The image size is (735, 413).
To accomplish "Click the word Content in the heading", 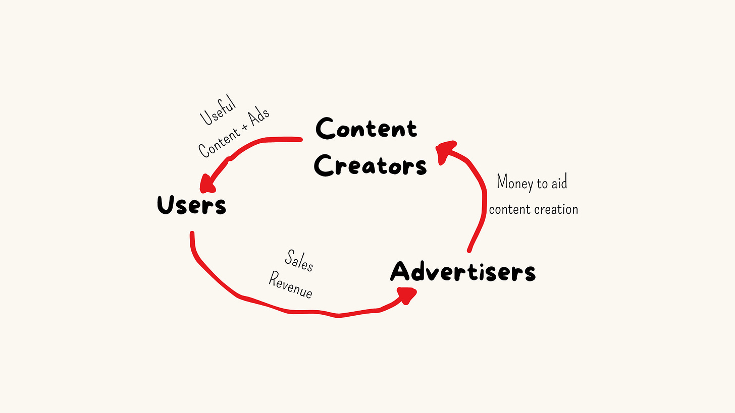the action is click(x=366, y=129).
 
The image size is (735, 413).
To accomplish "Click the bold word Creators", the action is click(x=370, y=165).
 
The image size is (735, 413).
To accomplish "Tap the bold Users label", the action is click(x=191, y=205).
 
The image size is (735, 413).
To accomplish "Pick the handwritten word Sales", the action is click(x=299, y=260).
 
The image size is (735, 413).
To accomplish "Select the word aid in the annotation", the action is click(x=557, y=183).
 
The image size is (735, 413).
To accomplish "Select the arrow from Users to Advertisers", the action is click(x=283, y=309).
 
